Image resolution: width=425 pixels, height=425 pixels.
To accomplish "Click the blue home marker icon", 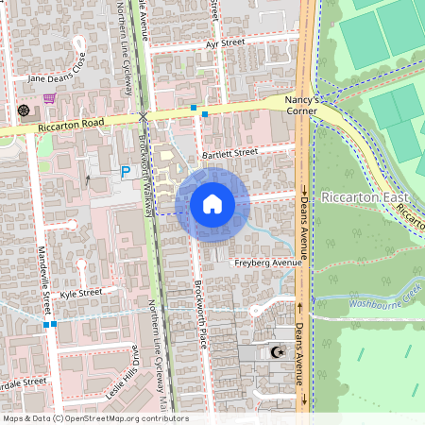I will click(212, 204).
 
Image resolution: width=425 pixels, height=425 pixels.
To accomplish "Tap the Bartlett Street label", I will click(229, 151).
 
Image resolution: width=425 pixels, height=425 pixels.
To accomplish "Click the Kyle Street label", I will click(80, 294).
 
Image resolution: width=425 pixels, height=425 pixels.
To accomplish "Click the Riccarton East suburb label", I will click(364, 197).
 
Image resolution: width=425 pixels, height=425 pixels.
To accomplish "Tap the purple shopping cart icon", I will click(48, 97).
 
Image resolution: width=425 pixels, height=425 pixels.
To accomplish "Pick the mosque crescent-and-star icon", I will click(277, 352).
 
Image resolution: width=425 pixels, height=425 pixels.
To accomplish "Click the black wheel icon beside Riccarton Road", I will click(24, 110).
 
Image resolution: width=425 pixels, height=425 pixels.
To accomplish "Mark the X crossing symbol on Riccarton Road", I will click(144, 115).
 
